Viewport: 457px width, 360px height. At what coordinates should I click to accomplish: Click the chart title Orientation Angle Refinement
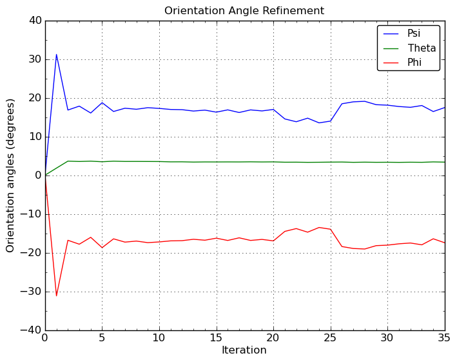[244, 11]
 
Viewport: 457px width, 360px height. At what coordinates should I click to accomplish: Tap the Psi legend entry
[413, 34]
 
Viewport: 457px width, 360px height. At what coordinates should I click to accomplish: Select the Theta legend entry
[422, 48]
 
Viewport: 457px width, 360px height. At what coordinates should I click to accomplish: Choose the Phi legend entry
[413, 63]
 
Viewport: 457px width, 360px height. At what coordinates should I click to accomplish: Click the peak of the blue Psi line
[56, 54]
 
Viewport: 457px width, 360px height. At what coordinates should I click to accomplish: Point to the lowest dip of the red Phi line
[56, 296]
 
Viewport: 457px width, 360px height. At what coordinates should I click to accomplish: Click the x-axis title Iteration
[244, 350]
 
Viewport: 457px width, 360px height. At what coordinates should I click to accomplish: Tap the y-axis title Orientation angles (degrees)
[11, 175]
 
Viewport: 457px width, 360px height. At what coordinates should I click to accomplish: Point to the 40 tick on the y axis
[35, 21]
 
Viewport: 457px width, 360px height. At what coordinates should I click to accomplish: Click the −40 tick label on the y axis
[32, 330]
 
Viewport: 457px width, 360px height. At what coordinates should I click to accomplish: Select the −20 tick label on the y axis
[32, 253]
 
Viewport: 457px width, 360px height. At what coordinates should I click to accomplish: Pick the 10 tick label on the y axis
[35, 137]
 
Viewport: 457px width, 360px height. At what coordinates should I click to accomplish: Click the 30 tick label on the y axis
[35, 59]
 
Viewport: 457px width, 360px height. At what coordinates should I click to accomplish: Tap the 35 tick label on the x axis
[444, 338]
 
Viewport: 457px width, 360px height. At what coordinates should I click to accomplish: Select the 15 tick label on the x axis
[216, 338]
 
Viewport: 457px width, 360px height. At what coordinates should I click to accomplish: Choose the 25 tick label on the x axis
[330, 338]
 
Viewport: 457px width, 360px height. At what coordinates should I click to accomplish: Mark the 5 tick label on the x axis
[102, 338]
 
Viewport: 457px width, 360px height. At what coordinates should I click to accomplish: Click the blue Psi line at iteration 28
[364, 101]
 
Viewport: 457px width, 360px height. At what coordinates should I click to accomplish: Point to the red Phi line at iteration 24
[319, 227]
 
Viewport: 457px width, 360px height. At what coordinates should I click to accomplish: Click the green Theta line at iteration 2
[68, 161]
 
